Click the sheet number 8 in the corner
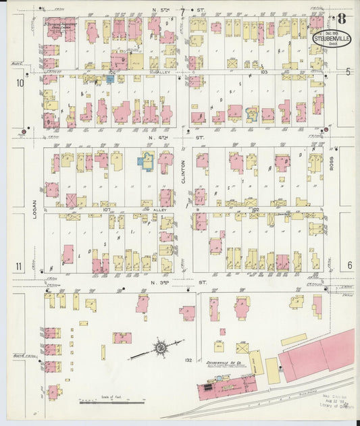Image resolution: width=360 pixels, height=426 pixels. pos(343,20)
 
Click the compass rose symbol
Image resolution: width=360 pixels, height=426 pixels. pos(162,348)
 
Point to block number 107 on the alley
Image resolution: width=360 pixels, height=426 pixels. pos(107,210)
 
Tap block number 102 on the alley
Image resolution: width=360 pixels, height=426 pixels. pos(255,210)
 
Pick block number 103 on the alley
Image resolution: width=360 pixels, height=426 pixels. pos(264,71)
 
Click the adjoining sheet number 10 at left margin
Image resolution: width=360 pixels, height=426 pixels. pos(20,83)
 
